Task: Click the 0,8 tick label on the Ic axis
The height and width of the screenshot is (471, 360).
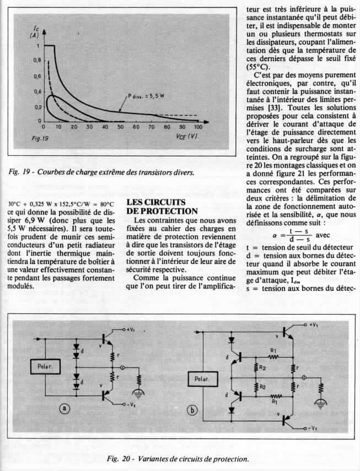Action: click(37, 60)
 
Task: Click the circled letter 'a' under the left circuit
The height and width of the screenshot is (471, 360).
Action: click(64, 408)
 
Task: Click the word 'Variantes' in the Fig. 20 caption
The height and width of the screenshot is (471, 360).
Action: click(152, 458)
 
